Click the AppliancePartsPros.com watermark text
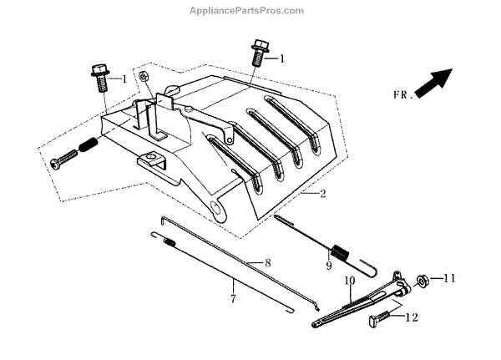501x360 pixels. [250, 10]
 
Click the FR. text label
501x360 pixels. [402, 96]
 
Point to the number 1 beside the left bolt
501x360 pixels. [124, 79]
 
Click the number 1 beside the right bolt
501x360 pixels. [282, 59]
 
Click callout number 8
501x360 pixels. [268, 262]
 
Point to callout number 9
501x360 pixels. [329, 266]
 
